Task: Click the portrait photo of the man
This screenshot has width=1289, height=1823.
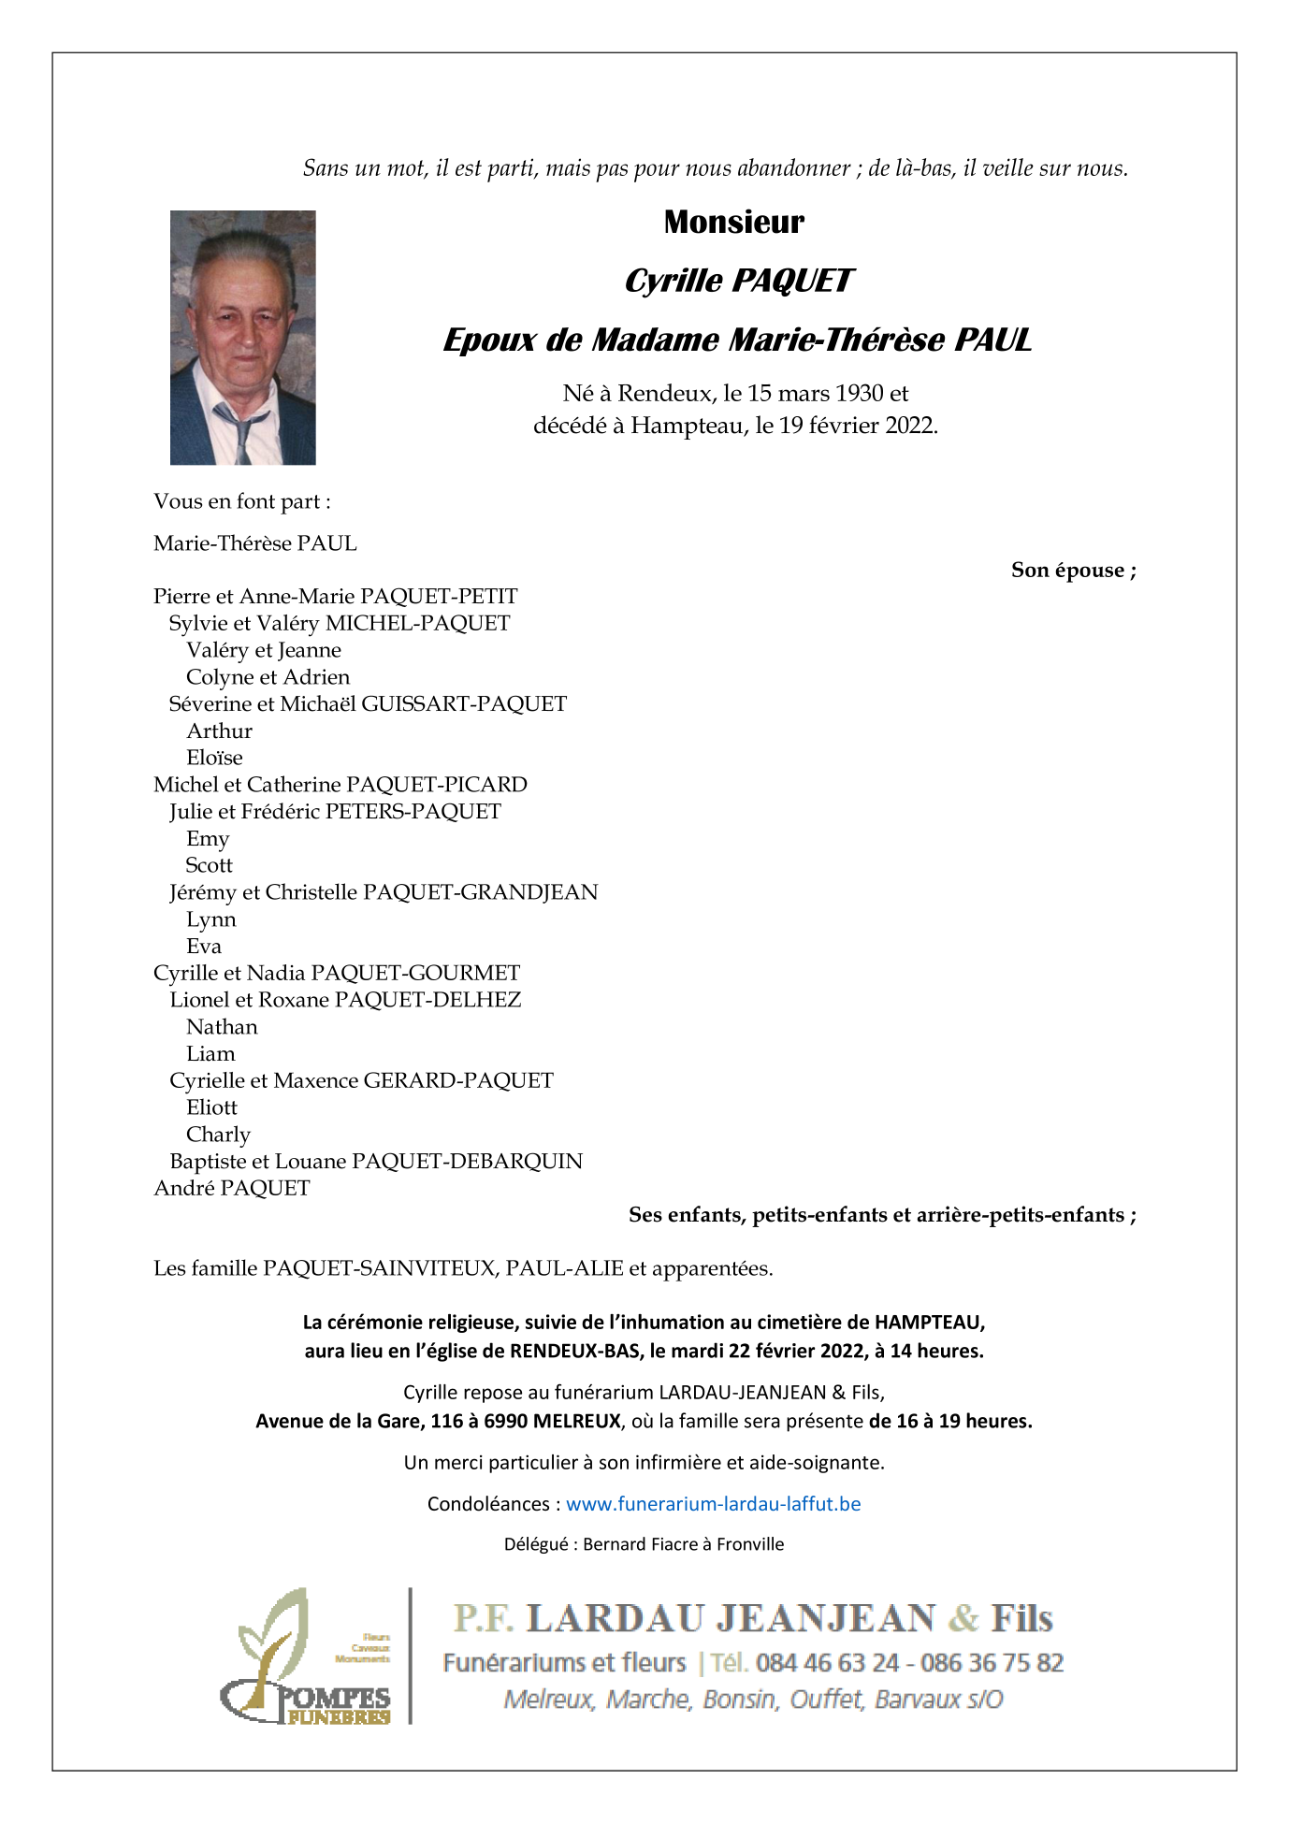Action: (x=242, y=338)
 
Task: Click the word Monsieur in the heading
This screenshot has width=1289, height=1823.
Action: (x=733, y=223)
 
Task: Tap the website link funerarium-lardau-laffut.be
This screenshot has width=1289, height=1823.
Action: (x=713, y=1503)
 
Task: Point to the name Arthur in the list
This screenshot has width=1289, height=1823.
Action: (x=219, y=731)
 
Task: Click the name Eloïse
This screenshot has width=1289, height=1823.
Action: (x=214, y=758)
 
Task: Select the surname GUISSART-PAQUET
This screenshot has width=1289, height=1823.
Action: (x=463, y=704)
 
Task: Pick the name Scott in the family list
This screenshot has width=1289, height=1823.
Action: (x=209, y=865)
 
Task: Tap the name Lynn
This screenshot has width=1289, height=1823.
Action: (x=210, y=919)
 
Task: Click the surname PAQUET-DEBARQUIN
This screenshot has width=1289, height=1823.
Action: (x=467, y=1162)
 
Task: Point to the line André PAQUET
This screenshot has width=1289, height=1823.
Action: (x=231, y=1189)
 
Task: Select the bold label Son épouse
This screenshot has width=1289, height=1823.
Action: (x=1073, y=571)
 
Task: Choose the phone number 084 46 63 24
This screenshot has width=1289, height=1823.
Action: (x=827, y=1662)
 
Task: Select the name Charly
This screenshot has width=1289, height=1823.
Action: (x=218, y=1135)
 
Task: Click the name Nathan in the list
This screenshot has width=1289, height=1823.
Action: (x=222, y=1027)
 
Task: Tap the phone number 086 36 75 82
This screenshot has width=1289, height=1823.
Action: (x=992, y=1662)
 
